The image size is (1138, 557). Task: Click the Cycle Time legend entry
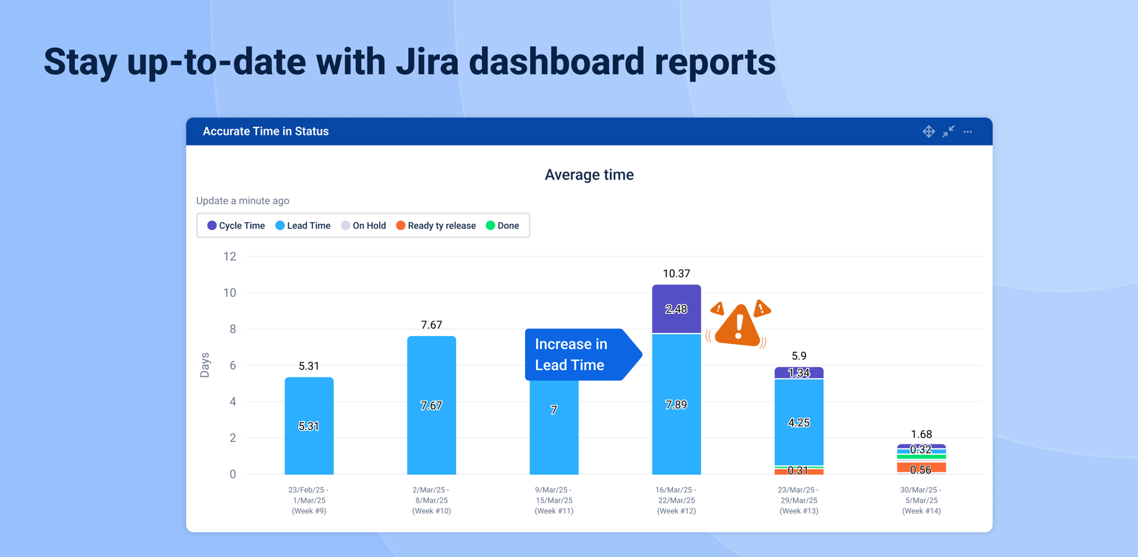(236, 226)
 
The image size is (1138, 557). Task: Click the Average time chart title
(589, 175)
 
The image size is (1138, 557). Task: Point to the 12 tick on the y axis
(229, 256)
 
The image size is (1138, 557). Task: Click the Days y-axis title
(205, 365)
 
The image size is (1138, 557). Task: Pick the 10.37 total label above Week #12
(676, 274)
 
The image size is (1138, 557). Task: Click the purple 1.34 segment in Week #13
(798, 373)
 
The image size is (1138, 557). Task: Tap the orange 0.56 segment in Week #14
(921, 468)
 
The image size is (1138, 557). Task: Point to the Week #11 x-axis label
(554, 500)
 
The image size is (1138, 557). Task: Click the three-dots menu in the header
(967, 132)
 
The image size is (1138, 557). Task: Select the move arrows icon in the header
(928, 132)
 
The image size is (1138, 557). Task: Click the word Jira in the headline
(426, 62)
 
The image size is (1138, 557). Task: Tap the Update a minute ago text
(242, 201)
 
